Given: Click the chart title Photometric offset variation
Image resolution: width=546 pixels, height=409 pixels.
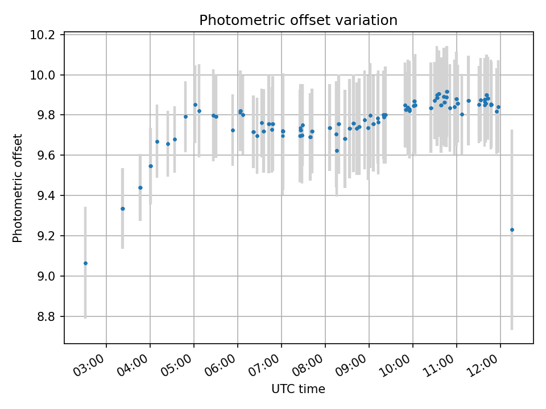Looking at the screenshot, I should click(x=298, y=20).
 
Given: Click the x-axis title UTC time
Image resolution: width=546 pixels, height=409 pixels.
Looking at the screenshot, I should click(x=298, y=389).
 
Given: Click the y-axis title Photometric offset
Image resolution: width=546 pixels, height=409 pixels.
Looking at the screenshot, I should click(x=18, y=188).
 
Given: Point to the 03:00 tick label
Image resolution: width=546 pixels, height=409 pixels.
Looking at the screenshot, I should click(x=94, y=361).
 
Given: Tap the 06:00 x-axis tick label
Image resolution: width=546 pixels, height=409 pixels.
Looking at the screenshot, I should click(x=225, y=361).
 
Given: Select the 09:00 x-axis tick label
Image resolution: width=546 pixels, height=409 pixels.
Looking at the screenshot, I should click(x=357, y=361).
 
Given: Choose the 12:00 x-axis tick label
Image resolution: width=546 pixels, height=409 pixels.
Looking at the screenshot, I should click(x=488, y=361).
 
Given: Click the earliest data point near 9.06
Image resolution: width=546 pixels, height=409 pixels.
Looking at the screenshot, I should click(x=85, y=263).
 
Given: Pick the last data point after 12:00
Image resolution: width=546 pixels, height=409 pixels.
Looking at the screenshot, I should click(x=512, y=229).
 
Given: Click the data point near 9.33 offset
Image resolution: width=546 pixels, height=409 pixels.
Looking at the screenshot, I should click(x=122, y=208).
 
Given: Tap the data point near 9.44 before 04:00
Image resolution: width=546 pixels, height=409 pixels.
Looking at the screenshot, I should click(x=140, y=187).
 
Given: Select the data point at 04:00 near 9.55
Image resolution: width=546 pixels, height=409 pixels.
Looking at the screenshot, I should click(x=151, y=166).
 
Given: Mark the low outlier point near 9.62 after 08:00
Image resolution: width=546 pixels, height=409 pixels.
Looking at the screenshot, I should click(x=337, y=151).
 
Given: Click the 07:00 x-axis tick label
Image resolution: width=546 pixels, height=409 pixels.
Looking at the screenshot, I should click(x=269, y=361).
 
